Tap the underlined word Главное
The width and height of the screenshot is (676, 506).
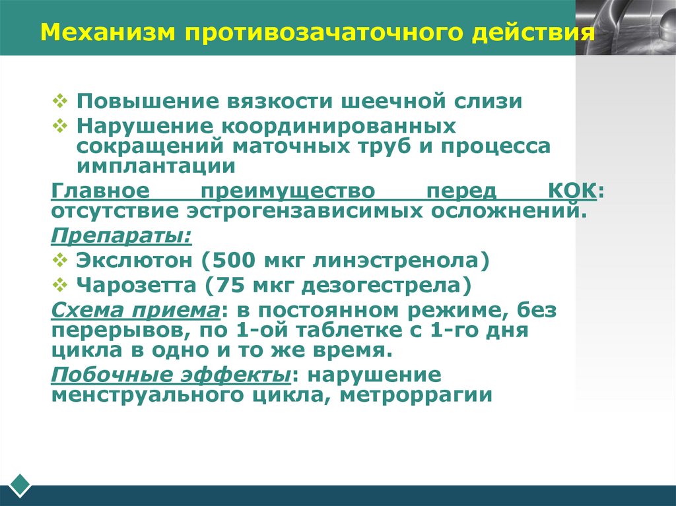coord(97,191)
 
